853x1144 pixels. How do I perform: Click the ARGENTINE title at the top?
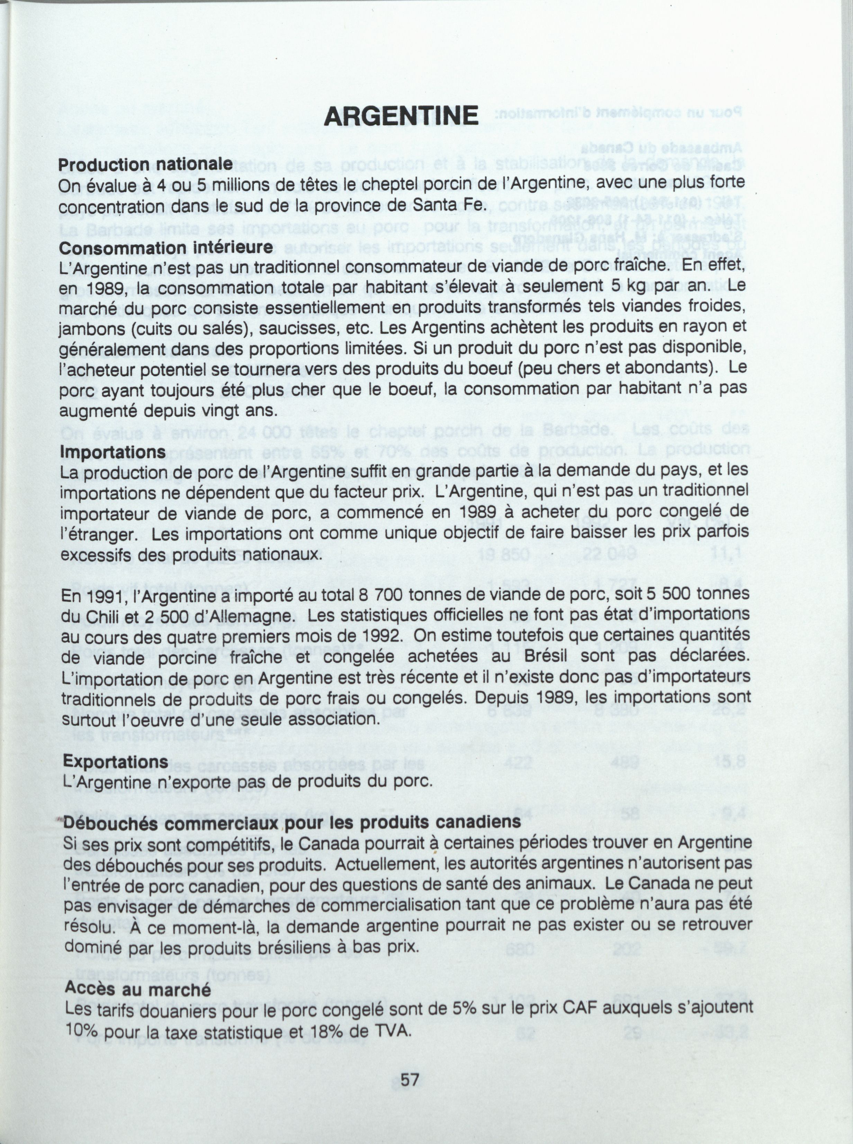401,115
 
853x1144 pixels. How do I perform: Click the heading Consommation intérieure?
166,247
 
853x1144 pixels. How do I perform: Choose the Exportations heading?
115,762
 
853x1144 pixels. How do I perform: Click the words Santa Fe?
452,205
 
